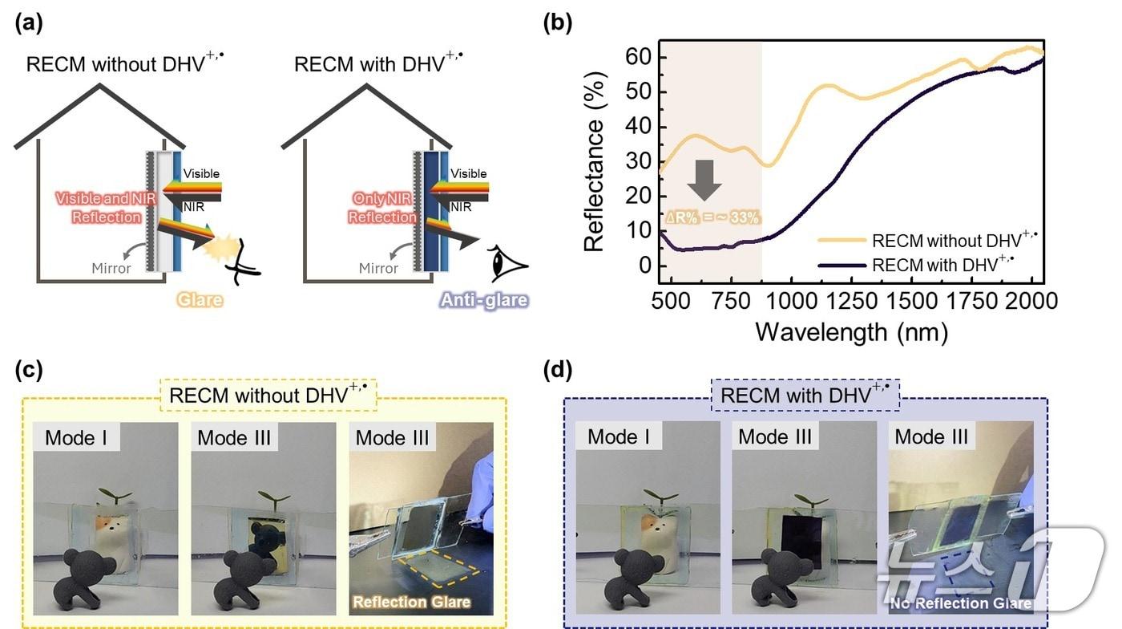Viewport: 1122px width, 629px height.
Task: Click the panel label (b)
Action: pos(558,22)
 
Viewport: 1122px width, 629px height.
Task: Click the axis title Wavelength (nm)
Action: pos(850,331)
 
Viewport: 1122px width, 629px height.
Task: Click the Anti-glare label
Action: pos(483,300)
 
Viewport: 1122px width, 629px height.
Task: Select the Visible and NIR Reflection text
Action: pos(99,208)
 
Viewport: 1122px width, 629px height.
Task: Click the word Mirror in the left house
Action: pos(111,268)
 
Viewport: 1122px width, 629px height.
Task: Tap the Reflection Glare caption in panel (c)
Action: pos(412,601)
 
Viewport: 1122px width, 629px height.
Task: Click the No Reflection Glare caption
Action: pos(961,604)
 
